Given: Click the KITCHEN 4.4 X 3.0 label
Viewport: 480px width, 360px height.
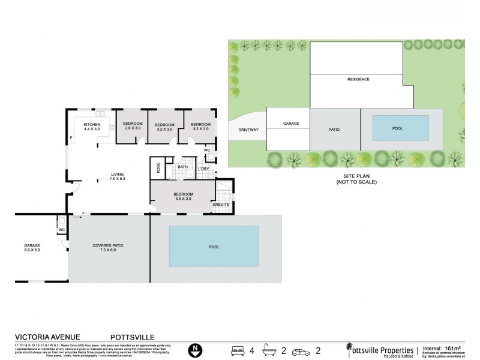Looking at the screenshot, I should (x=92, y=127).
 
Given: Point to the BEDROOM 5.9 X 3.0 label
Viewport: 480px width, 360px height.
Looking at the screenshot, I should (x=183, y=196).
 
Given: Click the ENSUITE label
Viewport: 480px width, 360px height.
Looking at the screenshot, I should (x=221, y=205).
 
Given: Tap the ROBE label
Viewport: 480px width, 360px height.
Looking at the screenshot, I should (x=158, y=169).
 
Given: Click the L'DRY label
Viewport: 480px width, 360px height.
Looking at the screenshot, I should (x=203, y=169).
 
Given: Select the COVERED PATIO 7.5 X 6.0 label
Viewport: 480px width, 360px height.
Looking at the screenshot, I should (x=108, y=248).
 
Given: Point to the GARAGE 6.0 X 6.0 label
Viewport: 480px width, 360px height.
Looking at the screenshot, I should (x=32, y=248).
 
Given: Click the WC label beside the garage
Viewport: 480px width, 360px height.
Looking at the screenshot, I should (x=62, y=230).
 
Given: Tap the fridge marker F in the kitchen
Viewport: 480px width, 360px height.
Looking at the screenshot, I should (x=71, y=139).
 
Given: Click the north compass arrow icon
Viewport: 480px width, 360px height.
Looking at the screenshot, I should (x=194, y=349).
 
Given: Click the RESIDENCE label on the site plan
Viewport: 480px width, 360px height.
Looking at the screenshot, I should (x=358, y=79).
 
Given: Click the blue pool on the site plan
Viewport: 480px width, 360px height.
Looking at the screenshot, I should (x=401, y=127).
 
